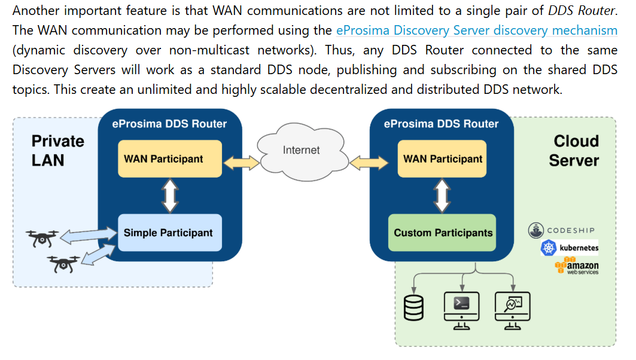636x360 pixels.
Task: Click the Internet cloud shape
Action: point(301,151)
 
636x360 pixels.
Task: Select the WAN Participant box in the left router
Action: point(169,159)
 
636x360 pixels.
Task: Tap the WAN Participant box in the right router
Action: point(442,159)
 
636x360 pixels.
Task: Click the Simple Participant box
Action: point(170,233)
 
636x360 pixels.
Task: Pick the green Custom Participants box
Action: point(442,233)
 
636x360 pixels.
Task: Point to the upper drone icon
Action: point(42,238)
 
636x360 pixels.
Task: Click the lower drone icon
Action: point(64,263)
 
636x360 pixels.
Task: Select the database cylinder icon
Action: point(413,307)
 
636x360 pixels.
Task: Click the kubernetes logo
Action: point(569,248)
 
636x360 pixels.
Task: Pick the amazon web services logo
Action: point(576,266)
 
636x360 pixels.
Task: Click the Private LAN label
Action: point(57,151)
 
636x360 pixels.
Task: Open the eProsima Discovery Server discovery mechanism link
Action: point(476,30)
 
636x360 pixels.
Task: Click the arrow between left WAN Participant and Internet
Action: point(242,161)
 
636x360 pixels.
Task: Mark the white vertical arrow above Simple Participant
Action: point(170,196)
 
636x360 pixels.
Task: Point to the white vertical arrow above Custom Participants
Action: point(442,196)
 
